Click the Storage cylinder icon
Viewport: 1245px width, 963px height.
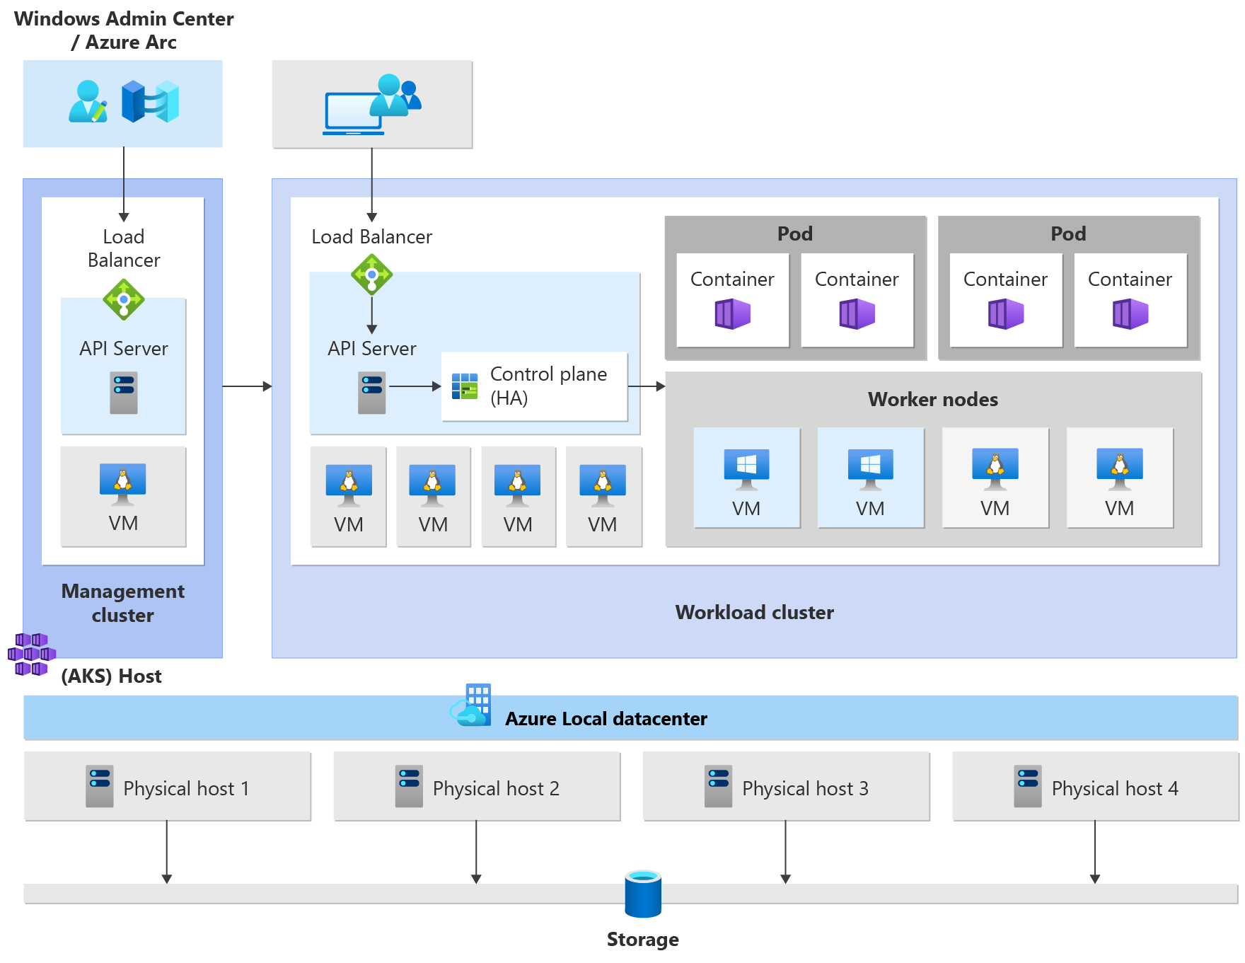click(643, 894)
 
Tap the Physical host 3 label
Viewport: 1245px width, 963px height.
click(805, 788)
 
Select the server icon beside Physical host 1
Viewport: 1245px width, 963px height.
click(100, 786)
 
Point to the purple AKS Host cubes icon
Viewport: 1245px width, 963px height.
click(31, 654)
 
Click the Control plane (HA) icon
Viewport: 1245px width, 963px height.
click(465, 386)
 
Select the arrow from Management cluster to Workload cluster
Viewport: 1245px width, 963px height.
click(247, 386)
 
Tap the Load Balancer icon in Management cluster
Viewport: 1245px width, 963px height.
click(124, 299)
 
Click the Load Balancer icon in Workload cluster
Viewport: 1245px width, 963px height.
click(372, 275)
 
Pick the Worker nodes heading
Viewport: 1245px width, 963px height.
click(932, 399)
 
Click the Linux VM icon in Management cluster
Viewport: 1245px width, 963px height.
click(123, 484)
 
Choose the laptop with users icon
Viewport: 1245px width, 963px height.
click(372, 105)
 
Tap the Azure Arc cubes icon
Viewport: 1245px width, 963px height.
click(150, 102)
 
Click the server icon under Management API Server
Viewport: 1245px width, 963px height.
click(124, 393)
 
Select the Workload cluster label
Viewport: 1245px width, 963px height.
click(754, 612)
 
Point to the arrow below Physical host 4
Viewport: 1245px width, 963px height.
click(1094, 852)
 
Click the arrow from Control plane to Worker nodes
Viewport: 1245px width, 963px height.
click(646, 386)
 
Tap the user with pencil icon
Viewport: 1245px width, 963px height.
click(88, 102)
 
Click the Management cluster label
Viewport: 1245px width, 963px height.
click(123, 603)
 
